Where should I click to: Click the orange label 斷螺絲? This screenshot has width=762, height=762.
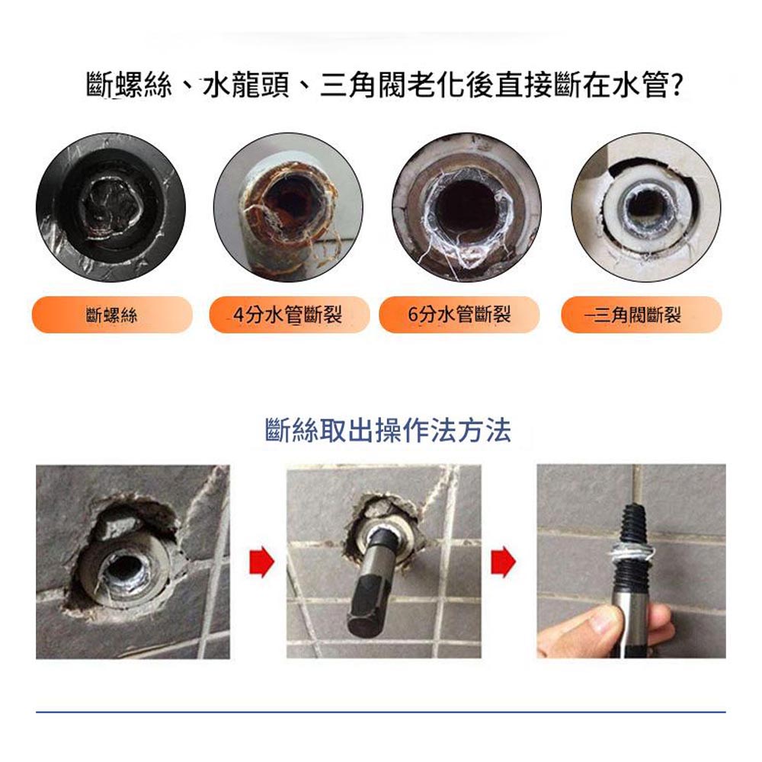pos(111,315)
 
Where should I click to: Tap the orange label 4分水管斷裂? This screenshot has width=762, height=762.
pos(288,315)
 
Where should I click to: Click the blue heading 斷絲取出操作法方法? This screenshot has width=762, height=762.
pos(388,431)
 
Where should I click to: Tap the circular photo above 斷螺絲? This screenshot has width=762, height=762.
pos(110,207)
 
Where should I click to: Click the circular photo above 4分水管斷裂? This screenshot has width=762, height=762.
pos(288,207)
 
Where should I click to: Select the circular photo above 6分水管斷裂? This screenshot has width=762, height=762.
pos(466,207)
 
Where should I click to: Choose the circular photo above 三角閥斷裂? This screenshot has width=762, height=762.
pos(645,207)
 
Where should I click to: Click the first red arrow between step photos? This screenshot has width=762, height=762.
pos(261,562)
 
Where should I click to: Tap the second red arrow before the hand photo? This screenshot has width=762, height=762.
pos(504,562)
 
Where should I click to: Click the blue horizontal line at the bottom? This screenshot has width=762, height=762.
pos(381,712)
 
